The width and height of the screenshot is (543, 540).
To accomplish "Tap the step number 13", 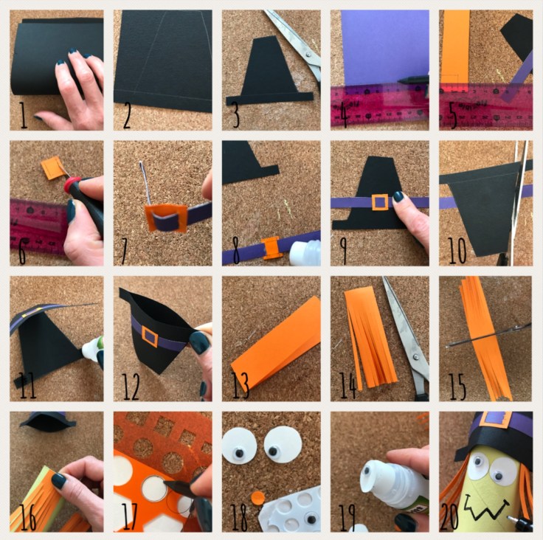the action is [x=240, y=386].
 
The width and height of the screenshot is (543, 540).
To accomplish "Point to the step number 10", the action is [x=457, y=250].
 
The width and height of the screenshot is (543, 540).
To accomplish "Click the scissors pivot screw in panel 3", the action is [x=308, y=54].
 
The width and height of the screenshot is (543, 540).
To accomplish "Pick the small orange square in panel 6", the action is [x=51, y=168].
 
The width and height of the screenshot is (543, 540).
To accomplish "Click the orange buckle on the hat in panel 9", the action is [x=380, y=202].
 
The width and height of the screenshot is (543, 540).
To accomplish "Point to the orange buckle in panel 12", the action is [x=150, y=336].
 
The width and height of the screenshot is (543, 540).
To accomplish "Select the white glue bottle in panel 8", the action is [x=305, y=253].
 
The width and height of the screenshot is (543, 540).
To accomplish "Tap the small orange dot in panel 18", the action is [x=257, y=499].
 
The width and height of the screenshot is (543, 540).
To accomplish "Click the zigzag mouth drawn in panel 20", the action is [x=486, y=505].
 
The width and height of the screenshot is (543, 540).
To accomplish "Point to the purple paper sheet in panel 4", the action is [x=384, y=47].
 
